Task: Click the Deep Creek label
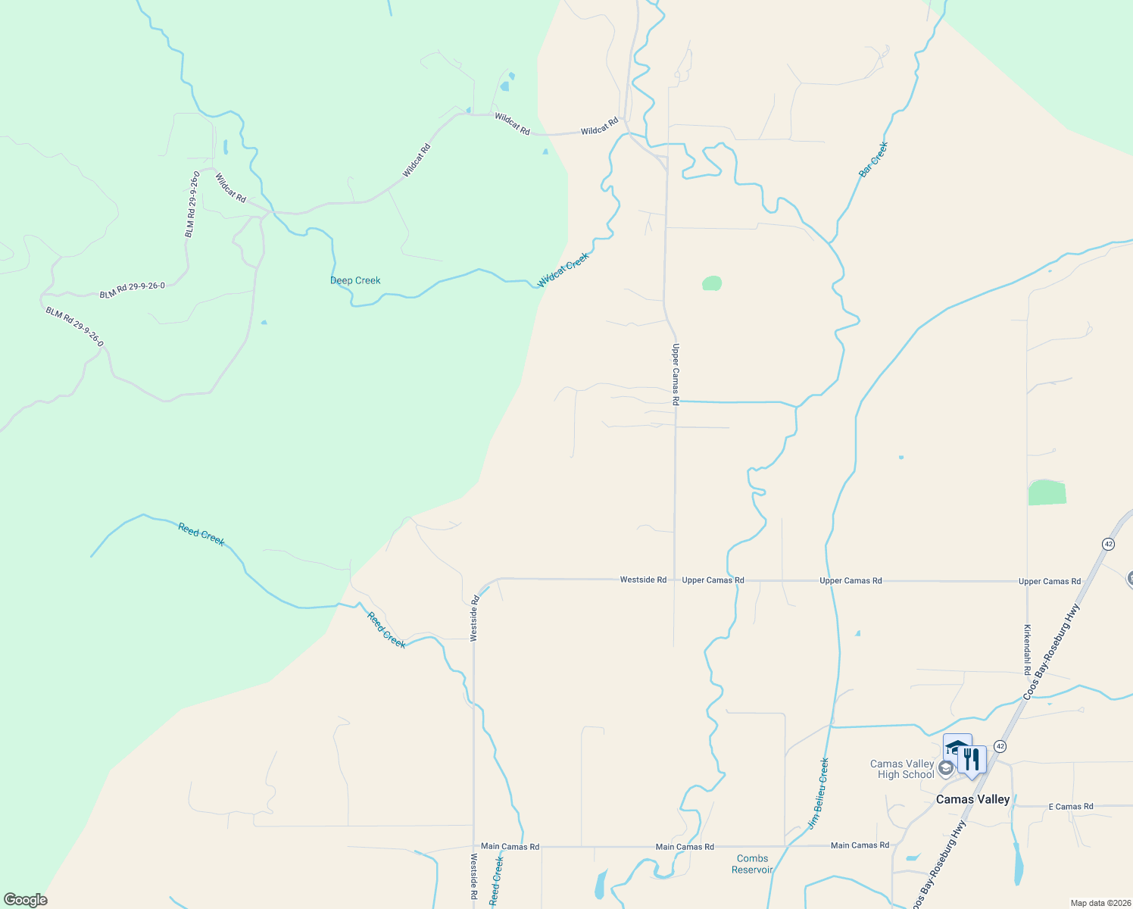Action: (x=355, y=280)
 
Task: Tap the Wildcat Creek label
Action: (x=563, y=270)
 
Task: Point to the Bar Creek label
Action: (x=873, y=160)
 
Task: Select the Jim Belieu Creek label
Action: (x=819, y=793)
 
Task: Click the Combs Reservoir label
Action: (x=752, y=864)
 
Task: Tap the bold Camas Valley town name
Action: (x=972, y=800)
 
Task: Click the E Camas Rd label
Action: (x=1070, y=807)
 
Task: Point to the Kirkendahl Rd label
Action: (x=1028, y=649)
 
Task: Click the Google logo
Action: (x=26, y=900)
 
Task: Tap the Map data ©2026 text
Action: (x=1100, y=903)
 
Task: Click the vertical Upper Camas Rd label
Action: (x=676, y=374)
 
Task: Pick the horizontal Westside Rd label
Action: (x=643, y=579)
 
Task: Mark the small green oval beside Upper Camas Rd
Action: (x=712, y=283)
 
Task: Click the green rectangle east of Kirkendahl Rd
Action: (x=1047, y=492)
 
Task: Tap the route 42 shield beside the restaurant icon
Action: (x=1000, y=746)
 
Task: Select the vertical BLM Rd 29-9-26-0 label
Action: (x=192, y=205)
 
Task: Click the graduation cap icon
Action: (x=957, y=747)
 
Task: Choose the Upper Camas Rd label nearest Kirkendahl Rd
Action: (x=1049, y=582)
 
